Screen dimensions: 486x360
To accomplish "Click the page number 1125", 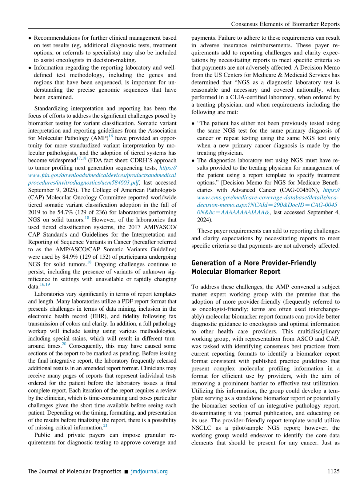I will (x=334, y=471).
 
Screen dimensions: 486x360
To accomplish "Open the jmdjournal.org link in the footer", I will (x=149, y=471).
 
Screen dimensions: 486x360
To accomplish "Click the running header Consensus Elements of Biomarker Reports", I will (x=285, y=24).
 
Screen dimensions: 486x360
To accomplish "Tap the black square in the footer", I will (x=126, y=472).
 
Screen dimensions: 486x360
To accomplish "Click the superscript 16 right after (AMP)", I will (x=111, y=136).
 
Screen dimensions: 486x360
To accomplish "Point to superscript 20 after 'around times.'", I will (x=64, y=344).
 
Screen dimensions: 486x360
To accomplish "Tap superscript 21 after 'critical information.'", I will (x=105, y=426).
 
